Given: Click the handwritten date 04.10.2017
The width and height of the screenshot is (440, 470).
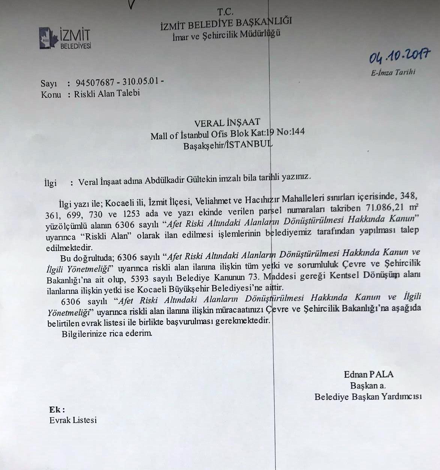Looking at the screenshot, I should click(399, 56).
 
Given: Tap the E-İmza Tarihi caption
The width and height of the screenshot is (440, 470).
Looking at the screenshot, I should click(393, 72).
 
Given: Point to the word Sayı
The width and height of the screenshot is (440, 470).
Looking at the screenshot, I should click(48, 83).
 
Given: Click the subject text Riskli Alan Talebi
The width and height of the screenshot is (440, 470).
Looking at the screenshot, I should click(107, 93).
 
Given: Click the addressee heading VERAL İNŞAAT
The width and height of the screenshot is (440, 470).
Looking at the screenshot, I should click(227, 123).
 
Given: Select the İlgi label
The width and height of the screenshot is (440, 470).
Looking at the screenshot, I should click(50, 183).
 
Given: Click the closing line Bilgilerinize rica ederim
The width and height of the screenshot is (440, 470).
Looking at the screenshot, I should click(107, 333).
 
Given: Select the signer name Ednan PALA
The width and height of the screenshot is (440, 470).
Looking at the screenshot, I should click(368, 374).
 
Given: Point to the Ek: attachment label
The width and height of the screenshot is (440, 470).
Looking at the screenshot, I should click(57, 409).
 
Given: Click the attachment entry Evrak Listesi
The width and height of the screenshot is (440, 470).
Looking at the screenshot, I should click(73, 420).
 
